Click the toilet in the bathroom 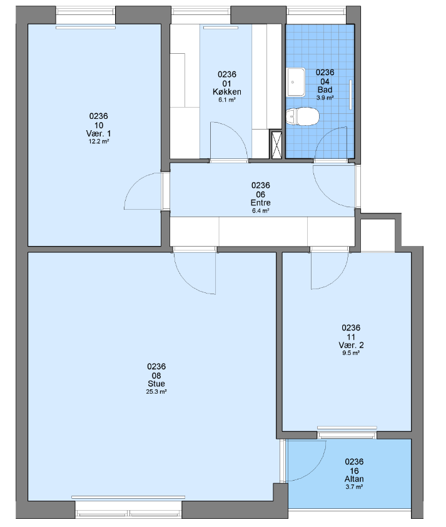click(x=302, y=116)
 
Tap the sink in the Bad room click(x=295, y=82)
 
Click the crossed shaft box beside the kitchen click(x=276, y=144)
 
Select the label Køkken click(x=227, y=91)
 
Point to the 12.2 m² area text click(x=99, y=141)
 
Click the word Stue click(x=156, y=384)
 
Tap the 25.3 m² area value click(x=156, y=392)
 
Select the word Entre click(x=261, y=203)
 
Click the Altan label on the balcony click(x=354, y=479)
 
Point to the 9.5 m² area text click(x=351, y=353)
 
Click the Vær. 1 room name click(x=99, y=133)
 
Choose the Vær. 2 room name click(x=351, y=345)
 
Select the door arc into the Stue click(x=190, y=284)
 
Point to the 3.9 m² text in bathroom click(x=325, y=98)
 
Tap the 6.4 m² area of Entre click(x=261, y=211)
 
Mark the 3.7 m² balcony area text click(x=354, y=487)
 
